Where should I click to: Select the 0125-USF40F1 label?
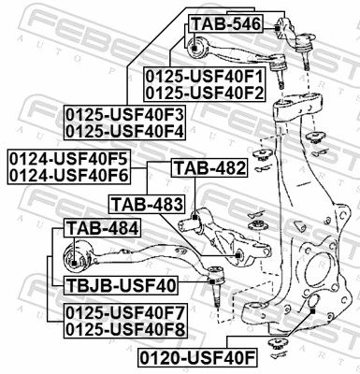point(205,76)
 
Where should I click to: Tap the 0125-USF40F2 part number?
point(205,92)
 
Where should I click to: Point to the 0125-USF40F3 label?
point(125,115)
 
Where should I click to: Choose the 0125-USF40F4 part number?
point(125,131)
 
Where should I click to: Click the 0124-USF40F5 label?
point(69,157)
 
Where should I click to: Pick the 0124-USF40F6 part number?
point(69,173)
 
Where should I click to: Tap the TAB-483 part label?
point(142,202)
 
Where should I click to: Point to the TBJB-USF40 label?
point(122,285)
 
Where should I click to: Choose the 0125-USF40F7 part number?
point(125,312)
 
